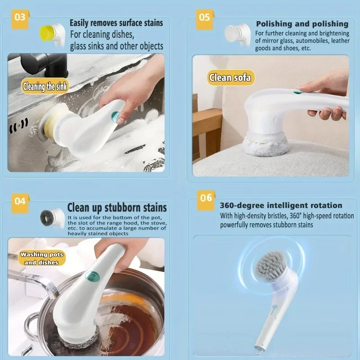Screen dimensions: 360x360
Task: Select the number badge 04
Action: click(x=19, y=202)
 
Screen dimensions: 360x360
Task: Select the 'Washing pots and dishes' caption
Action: click(x=41, y=258)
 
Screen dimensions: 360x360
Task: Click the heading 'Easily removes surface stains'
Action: click(x=116, y=22)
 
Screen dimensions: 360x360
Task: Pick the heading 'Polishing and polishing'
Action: click(x=302, y=23)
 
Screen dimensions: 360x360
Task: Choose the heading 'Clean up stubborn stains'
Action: click(x=117, y=207)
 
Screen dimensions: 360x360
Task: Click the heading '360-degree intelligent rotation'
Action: click(x=281, y=205)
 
